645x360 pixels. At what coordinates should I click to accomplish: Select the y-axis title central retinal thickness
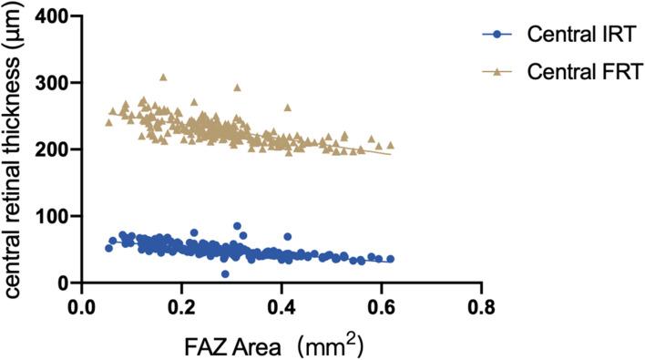(x=15, y=150)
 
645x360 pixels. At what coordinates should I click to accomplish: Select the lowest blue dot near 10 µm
(x=225, y=273)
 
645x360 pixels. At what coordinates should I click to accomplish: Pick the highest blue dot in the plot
(x=238, y=226)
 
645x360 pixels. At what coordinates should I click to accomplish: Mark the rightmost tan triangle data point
(x=391, y=145)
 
